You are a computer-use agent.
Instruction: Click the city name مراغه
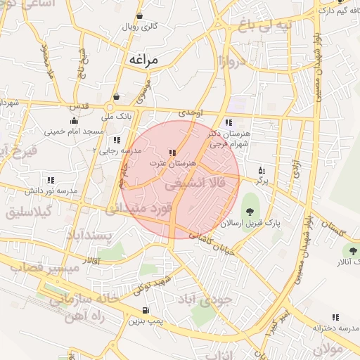[x=150, y=60]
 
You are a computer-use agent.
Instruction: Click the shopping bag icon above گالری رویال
[x=140, y=15]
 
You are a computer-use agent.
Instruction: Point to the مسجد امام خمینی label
[x=75, y=131]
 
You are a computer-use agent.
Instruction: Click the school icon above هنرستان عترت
[x=172, y=153]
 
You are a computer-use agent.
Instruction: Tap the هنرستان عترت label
[x=172, y=163]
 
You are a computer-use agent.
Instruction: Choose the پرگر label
[x=262, y=181]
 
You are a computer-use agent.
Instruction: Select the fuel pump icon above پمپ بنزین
[x=146, y=310]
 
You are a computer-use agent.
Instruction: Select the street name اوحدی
[x=191, y=112]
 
